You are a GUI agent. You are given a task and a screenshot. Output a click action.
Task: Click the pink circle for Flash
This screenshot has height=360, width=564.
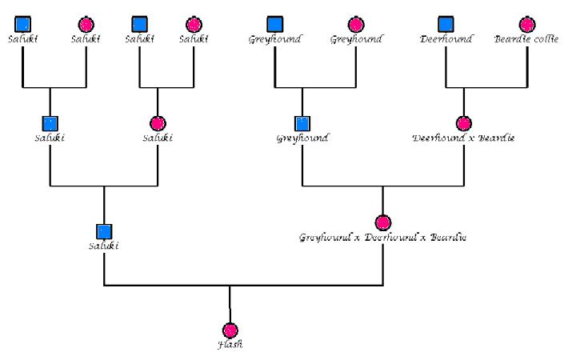tap(230, 330)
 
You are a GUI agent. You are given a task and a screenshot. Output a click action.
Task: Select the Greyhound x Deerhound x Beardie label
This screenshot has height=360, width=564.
tap(382, 238)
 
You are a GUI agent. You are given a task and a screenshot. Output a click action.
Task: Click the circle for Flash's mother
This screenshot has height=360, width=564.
tap(383, 222)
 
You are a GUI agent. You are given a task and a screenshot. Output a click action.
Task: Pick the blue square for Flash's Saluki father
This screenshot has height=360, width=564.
tap(104, 231)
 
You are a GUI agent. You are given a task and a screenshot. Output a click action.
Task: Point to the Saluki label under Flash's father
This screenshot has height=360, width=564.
tap(104, 246)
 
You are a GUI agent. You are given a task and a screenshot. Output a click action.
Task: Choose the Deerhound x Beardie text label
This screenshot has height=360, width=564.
tap(463, 138)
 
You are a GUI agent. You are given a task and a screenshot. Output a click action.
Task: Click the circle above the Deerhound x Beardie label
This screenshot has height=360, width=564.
tap(463, 123)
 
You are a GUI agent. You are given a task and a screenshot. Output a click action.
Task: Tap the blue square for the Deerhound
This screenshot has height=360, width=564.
tap(446, 24)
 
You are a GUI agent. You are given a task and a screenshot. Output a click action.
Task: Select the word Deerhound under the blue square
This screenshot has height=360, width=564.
tap(446, 38)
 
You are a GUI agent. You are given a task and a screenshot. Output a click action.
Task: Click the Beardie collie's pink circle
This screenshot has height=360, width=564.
tap(526, 24)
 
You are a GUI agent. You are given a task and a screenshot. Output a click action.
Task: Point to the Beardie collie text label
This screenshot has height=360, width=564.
tap(526, 38)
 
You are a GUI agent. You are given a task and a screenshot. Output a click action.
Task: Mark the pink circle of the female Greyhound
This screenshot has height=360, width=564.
tap(356, 24)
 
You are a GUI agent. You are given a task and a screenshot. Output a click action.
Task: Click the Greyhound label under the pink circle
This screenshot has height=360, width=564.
tap(356, 38)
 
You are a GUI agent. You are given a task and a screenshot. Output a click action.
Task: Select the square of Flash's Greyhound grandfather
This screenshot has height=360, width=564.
tap(302, 123)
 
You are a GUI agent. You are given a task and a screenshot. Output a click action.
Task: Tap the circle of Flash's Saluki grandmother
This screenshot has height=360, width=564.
tap(158, 123)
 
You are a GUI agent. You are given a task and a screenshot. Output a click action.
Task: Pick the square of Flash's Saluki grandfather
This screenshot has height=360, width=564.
tap(50, 123)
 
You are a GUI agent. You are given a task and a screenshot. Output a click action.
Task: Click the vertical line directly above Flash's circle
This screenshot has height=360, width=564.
tap(230, 304)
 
